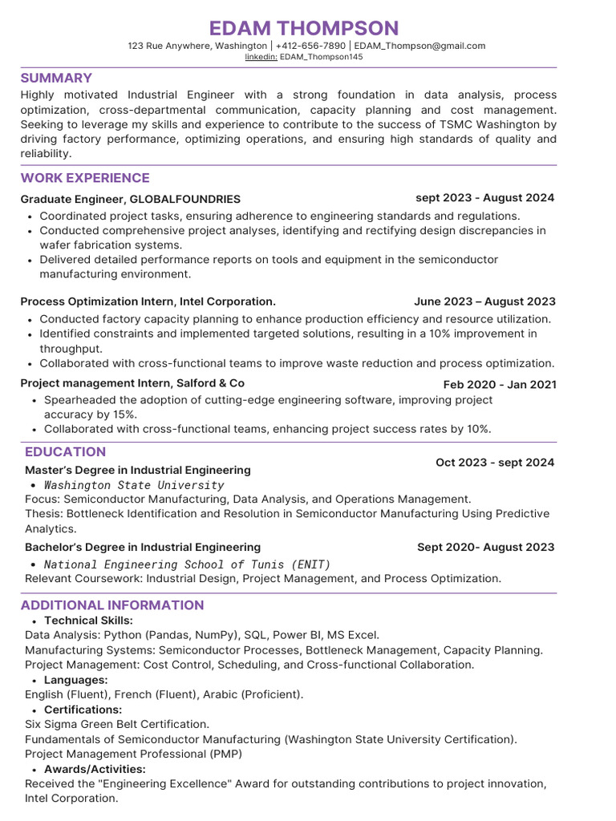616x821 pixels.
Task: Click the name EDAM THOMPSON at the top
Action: click(x=303, y=28)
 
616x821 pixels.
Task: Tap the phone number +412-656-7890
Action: click(x=310, y=47)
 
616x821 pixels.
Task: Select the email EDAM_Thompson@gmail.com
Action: click(x=419, y=47)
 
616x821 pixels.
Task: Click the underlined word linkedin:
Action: click(x=261, y=58)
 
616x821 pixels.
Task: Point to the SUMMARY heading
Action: click(x=56, y=78)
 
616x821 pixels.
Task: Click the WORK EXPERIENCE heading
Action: click(x=85, y=178)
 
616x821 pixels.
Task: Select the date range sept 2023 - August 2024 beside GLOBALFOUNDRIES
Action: click(x=484, y=198)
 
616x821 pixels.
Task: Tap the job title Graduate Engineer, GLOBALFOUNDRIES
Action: click(x=130, y=199)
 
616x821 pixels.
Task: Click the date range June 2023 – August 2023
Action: click(x=484, y=301)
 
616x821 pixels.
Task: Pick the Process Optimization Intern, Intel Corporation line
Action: click(x=148, y=301)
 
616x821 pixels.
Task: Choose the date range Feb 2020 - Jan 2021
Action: click(x=500, y=385)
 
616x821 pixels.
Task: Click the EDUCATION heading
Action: click(x=65, y=451)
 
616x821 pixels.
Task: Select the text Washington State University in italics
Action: click(x=134, y=485)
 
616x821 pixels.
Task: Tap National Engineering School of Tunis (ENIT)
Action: click(x=187, y=564)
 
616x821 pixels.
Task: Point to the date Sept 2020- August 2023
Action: click(x=485, y=547)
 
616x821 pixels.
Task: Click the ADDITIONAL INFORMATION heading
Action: click(x=112, y=605)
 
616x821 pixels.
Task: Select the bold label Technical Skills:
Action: click(x=88, y=621)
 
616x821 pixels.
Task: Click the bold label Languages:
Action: click(x=76, y=680)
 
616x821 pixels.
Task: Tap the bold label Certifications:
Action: click(x=83, y=710)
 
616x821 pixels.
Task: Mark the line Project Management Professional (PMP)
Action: click(x=133, y=754)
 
